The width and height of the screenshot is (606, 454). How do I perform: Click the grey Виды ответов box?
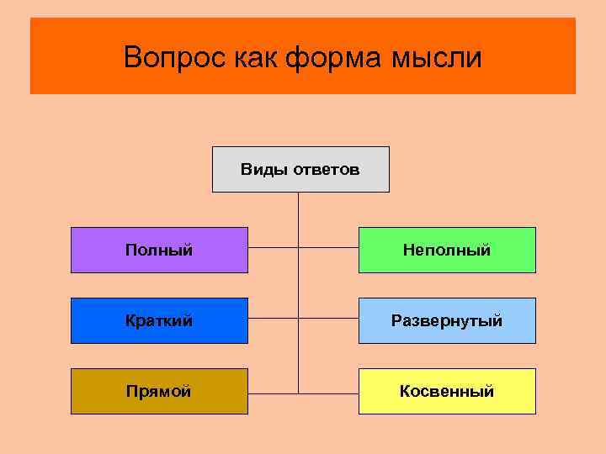(300, 170)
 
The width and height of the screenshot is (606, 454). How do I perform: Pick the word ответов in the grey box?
(326, 170)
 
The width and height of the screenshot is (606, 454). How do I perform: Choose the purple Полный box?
(159, 250)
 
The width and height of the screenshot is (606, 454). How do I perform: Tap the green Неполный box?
(447, 250)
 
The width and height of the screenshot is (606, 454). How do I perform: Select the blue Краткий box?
(159, 320)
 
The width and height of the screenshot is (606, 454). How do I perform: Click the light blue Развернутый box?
(447, 320)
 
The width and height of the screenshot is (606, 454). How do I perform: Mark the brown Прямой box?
(159, 391)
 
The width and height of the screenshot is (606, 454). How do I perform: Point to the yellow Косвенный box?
(447, 391)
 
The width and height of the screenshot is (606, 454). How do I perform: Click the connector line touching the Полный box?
(273, 249)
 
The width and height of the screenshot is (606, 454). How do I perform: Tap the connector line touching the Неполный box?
(329, 249)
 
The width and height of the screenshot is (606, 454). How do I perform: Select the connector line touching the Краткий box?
(273, 320)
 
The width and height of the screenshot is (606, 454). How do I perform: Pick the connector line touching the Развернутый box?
(329, 320)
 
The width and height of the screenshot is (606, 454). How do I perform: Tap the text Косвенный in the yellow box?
(447, 391)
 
